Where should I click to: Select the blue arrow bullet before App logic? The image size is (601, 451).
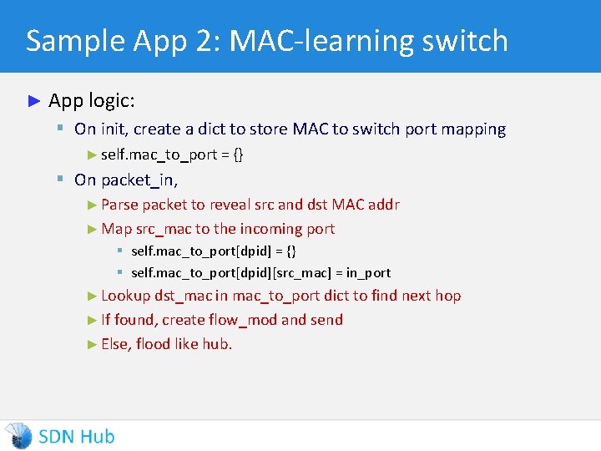34,101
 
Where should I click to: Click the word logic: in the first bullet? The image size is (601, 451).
110,101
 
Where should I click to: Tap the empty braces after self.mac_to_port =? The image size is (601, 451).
239,155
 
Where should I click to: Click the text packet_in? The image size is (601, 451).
140,180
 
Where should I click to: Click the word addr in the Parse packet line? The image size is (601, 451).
384,205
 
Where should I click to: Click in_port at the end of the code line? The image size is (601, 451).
367,273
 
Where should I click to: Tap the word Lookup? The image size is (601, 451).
125,296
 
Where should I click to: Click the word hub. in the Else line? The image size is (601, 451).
217,344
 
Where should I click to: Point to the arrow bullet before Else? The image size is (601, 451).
92,344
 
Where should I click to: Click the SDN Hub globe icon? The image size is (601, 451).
18,436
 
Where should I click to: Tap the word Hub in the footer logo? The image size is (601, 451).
98,436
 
